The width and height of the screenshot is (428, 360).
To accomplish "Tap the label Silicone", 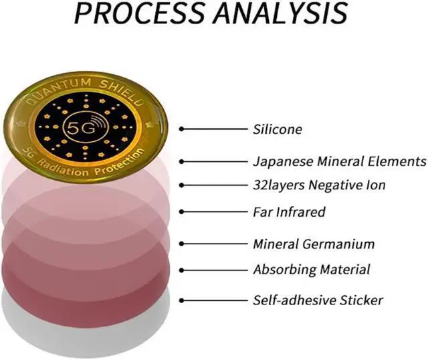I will pos(278,129).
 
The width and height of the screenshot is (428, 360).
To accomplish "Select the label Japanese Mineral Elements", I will pos(339,161).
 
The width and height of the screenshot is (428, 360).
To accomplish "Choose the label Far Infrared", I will pos(289,212).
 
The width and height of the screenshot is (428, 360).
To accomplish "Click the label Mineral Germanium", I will pos(314,244).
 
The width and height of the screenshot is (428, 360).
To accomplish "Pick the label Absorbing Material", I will pos(311,270).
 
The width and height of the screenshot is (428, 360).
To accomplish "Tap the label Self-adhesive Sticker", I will pos(318,300).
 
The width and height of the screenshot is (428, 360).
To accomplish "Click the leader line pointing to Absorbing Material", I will pos(214,270).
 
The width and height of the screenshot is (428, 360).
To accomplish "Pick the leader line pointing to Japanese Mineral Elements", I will pos(214,161).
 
